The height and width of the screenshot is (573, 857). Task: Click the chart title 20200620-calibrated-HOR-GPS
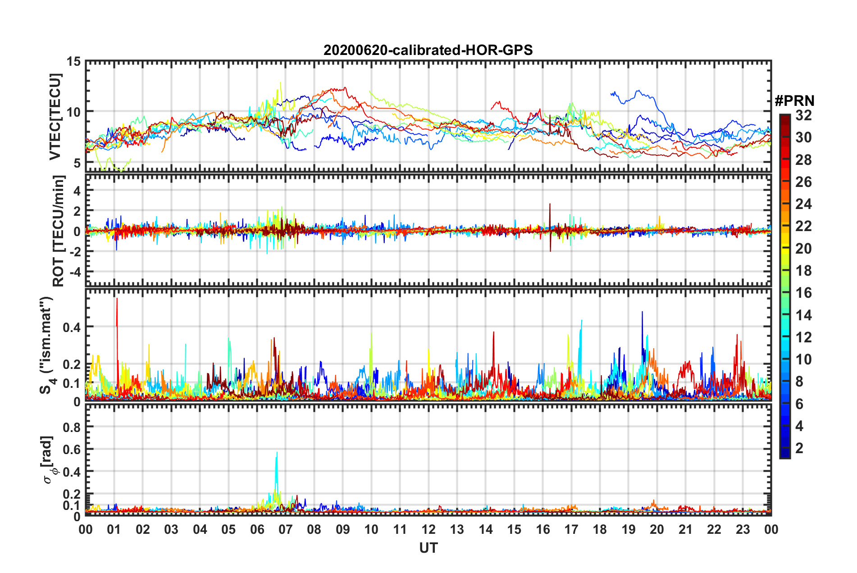pyautogui.click(x=428, y=50)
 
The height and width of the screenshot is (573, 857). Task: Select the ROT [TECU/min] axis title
pyautogui.click(x=59, y=231)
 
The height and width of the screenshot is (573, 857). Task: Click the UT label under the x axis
pyautogui.click(x=428, y=548)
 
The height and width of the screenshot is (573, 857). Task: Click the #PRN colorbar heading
pyautogui.click(x=794, y=101)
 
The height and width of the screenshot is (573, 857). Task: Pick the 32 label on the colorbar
pyautogui.click(x=803, y=116)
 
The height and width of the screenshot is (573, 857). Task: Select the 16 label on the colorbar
pyautogui.click(x=803, y=293)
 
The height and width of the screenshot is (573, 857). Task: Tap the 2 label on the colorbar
pyautogui.click(x=799, y=448)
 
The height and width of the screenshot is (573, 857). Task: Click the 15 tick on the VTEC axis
pyautogui.click(x=74, y=62)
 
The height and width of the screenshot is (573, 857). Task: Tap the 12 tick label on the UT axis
pyautogui.click(x=428, y=529)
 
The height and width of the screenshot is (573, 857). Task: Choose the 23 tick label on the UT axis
pyautogui.click(x=743, y=529)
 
